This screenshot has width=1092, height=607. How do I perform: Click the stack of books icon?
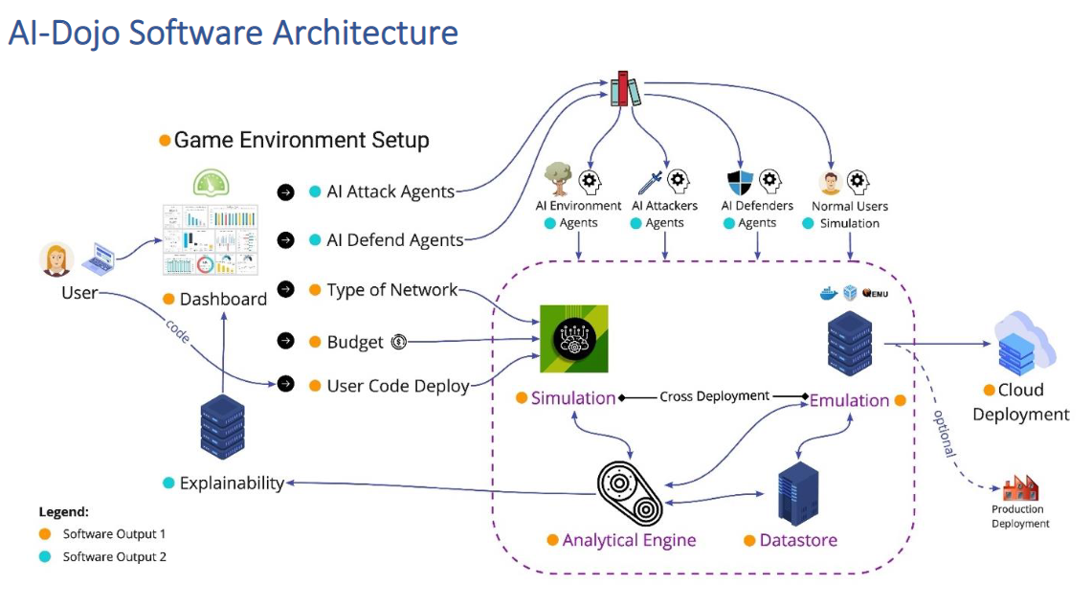(x=626, y=89)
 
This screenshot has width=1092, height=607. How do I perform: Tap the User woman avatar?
(x=57, y=259)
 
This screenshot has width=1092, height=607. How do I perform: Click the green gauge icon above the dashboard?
(x=211, y=183)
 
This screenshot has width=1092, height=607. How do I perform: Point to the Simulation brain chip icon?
(x=573, y=338)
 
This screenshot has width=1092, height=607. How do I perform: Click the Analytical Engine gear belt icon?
(x=629, y=493)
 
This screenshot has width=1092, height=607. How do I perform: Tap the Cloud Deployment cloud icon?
(x=1022, y=344)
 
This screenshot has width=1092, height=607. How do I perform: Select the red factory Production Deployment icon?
(x=1020, y=487)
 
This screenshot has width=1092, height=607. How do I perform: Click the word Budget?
(x=355, y=342)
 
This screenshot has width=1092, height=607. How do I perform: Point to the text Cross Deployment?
(x=714, y=396)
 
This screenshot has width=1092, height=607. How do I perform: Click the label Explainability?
(x=232, y=483)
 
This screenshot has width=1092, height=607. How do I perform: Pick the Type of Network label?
(x=391, y=290)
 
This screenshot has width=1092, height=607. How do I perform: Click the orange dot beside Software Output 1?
(x=45, y=534)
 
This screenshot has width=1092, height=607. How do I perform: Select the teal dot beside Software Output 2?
(x=45, y=556)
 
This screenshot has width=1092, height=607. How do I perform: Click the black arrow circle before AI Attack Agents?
(x=285, y=191)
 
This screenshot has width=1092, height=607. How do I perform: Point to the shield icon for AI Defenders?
(x=741, y=183)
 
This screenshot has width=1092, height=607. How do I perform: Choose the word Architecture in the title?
(x=365, y=33)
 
